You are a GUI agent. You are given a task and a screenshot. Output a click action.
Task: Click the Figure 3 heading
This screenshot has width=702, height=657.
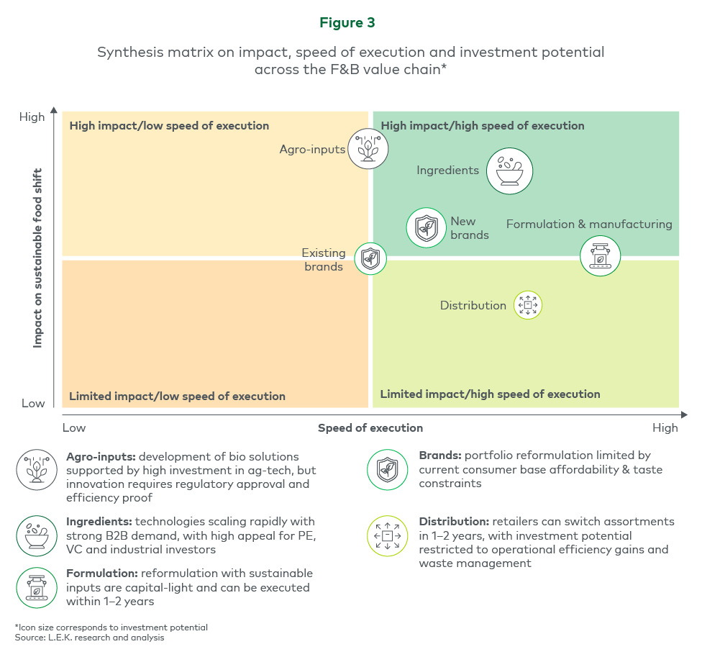click(347, 23)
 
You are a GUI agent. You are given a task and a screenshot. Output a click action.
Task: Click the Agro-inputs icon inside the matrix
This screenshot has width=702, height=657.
click(368, 148)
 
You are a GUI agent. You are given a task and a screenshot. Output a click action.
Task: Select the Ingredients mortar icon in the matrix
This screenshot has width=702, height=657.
click(509, 171)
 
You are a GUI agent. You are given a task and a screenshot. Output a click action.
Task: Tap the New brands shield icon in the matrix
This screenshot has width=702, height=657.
click(427, 228)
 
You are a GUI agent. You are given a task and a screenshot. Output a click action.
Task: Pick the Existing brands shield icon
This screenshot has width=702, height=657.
click(370, 258)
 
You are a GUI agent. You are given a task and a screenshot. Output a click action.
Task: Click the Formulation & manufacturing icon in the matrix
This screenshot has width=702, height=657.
click(600, 255)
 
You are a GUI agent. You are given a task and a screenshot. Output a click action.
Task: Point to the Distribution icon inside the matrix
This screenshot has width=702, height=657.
click(527, 305)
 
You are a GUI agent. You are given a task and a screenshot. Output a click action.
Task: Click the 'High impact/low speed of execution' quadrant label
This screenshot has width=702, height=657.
click(169, 126)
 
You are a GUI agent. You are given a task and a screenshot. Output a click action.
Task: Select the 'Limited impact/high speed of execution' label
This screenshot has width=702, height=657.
click(490, 394)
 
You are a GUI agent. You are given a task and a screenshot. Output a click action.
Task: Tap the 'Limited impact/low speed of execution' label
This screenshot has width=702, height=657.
click(177, 397)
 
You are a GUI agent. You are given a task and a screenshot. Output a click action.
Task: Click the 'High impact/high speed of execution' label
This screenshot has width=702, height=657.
click(483, 126)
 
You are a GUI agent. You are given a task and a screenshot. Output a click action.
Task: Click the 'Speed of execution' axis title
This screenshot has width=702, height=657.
click(370, 428)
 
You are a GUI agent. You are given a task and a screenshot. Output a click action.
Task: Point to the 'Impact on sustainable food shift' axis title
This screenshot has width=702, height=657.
click(38, 258)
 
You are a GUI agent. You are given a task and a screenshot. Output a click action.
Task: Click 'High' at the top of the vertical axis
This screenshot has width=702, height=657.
click(32, 117)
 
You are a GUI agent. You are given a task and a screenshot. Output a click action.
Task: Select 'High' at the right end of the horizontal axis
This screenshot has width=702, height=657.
click(665, 428)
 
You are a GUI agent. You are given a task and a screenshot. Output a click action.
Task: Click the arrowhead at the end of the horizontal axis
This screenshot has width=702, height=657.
click(683, 414)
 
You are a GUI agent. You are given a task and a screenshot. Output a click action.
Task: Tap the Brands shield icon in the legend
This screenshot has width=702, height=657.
click(388, 470)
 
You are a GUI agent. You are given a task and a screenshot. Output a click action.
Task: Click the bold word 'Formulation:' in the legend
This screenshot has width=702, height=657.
click(102, 574)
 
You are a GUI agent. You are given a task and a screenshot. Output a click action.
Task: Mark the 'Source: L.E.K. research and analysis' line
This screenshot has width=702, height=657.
click(90, 638)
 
